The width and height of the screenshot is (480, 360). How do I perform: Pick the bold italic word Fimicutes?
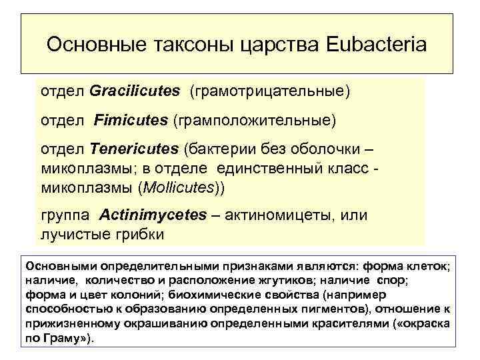coord(131,121)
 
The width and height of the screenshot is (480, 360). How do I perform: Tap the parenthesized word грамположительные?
coord(255,121)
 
